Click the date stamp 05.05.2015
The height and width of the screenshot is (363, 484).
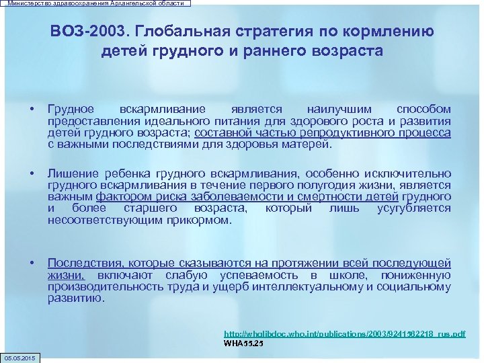click(x=20, y=357)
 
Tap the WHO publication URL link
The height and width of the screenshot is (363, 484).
click(x=344, y=333)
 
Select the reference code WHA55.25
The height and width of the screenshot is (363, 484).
click(x=243, y=343)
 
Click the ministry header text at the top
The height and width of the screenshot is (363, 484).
click(x=95, y=3)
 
